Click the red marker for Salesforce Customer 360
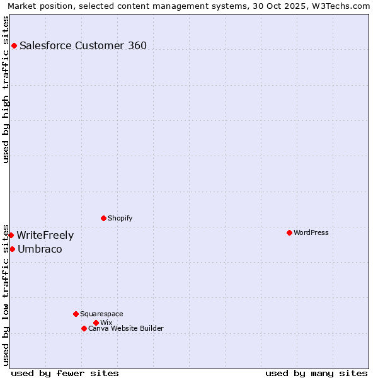pyautogui.click(x=14, y=45)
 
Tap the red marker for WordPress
pyautogui.click(x=289, y=232)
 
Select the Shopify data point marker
pyautogui.click(x=103, y=218)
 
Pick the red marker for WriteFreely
pyautogui.click(x=11, y=235)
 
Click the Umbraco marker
pyautogui.click(x=12, y=249)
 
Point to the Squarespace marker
pyautogui.click(x=76, y=314)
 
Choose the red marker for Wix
pyautogui.click(x=96, y=323)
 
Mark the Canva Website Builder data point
pyautogui.click(x=84, y=328)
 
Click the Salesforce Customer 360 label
pyautogui.click(x=83, y=45)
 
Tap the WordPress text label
pyautogui.click(x=311, y=232)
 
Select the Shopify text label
pyautogui.click(x=120, y=218)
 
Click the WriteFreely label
pyautogui.click(x=45, y=236)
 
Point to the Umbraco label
pyautogui.click(x=40, y=249)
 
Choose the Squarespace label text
pyautogui.click(x=101, y=314)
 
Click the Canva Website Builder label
pyautogui.click(x=126, y=328)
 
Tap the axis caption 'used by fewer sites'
pyautogui.click(x=65, y=373)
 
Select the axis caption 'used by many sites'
pyautogui.click(x=316, y=373)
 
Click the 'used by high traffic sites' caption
pyautogui.click(x=6, y=89)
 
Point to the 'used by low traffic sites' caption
pyautogui.click(x=6, y=294)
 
